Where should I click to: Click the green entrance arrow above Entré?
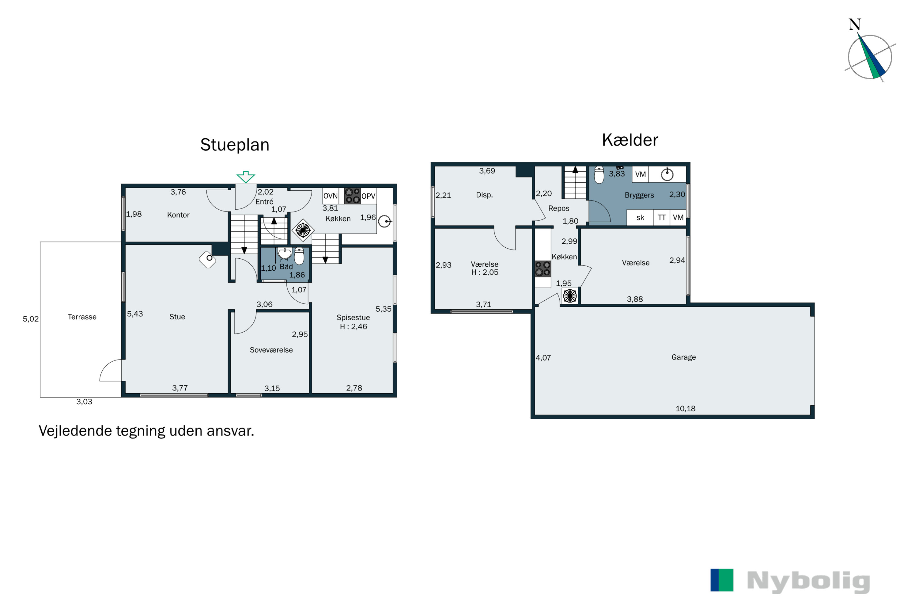click(246, 177)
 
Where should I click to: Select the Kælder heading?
click(630, 140)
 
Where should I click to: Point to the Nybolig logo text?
click(808, 582)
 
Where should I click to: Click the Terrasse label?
click(82, 317)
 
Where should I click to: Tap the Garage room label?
click(683, 357)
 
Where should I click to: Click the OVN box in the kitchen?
click(331, 196)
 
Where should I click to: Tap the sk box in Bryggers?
click(640, 218)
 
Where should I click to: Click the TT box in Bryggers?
click(661, 218)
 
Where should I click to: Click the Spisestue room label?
click(353, 318)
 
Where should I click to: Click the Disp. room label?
click(484, 195)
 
